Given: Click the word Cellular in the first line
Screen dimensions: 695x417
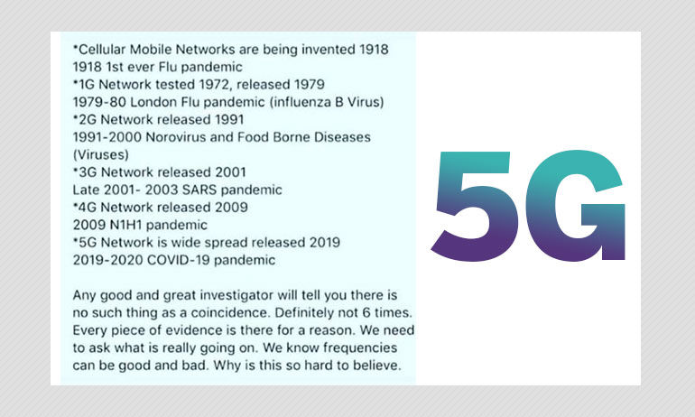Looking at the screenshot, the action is [99, 49].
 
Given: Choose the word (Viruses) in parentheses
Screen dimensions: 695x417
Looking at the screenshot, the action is [100, 154].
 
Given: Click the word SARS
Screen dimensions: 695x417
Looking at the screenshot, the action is [199, 190].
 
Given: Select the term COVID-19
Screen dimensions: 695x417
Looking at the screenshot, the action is [178, 260].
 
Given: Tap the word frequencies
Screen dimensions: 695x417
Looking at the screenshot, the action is [360, 347].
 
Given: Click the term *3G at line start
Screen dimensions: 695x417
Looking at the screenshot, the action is [85, 171].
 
